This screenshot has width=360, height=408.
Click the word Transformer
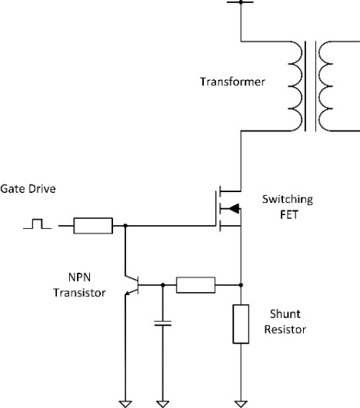tap(232, 81)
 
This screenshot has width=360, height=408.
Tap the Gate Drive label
tap(28, 189)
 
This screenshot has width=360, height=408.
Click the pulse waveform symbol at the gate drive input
tap(37, 224)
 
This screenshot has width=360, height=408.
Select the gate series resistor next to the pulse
tap(93, 226)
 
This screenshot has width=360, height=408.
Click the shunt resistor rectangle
tap(241, 324)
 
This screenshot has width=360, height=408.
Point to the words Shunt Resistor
tap(285, 322)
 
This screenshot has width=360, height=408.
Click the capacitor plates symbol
tap(163, 323)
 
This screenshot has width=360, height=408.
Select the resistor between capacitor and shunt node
tap(195, 285)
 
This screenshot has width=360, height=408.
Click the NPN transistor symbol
tap(132, 285)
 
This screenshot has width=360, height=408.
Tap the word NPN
tap(79, 277)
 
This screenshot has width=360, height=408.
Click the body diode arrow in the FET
tap(234, 208)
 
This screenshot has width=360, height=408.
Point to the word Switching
tap(288, 199)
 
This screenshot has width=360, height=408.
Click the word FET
tap(289, 215)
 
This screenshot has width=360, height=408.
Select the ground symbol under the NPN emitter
tap(125, 404)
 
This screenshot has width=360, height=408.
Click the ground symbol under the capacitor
tap(163, 404)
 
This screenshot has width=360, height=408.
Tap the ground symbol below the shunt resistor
tap(241, 404)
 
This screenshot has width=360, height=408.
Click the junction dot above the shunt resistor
tap(241, 285)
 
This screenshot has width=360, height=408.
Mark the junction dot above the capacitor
tap(163, 285)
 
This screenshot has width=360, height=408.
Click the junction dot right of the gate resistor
tap(125, 226)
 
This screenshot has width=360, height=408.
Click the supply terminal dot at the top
tap(241, 2)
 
